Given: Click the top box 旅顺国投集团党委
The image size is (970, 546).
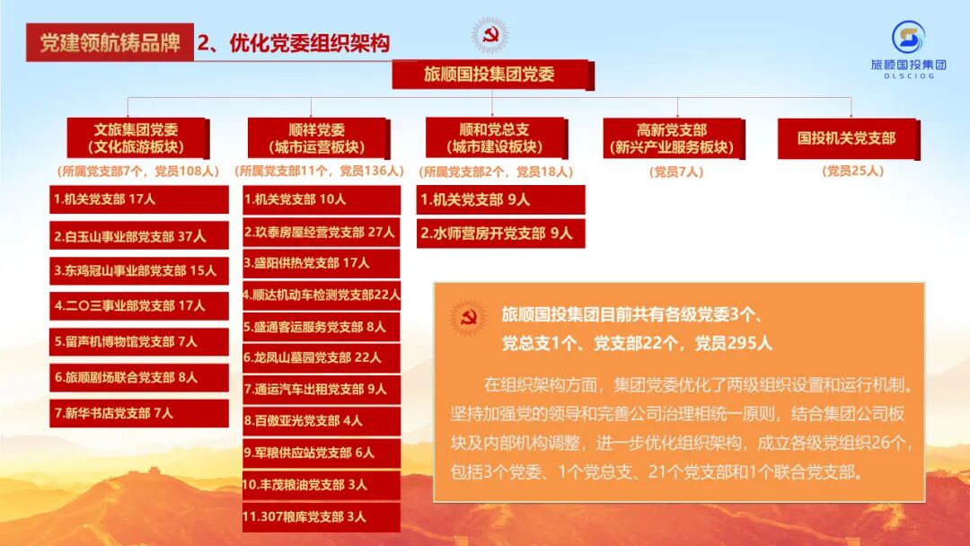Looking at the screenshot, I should point(490,75).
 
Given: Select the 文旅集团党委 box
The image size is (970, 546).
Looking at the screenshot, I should point(137,138).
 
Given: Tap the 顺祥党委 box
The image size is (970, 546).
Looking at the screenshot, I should point(317,138).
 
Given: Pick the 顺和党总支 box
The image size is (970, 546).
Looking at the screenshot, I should point(495,137).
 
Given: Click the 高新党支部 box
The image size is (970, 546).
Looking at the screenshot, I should point(672,138).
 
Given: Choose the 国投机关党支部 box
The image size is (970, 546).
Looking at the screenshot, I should point(846,138).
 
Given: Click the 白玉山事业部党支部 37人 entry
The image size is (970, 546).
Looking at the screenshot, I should point(139,235).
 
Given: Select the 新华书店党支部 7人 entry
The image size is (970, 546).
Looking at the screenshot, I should point(139,413).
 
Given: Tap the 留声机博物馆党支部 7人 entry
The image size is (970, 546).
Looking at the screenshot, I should point(139,341).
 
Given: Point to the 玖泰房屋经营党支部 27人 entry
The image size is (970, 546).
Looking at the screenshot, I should point(321,232).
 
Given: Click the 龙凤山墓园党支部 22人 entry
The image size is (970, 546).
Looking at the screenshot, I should point(321,357).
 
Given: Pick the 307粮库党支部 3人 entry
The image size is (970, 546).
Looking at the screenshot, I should point(321,516).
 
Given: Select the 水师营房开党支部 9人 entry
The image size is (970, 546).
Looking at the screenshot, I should point(500,233).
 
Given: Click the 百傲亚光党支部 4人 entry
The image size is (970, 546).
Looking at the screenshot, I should point(321,420).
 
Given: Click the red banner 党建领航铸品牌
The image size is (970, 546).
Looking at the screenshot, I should point(110,42).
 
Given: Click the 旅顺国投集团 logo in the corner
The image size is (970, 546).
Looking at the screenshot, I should point(908,49).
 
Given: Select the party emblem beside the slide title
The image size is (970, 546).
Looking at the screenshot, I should point(490,36).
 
